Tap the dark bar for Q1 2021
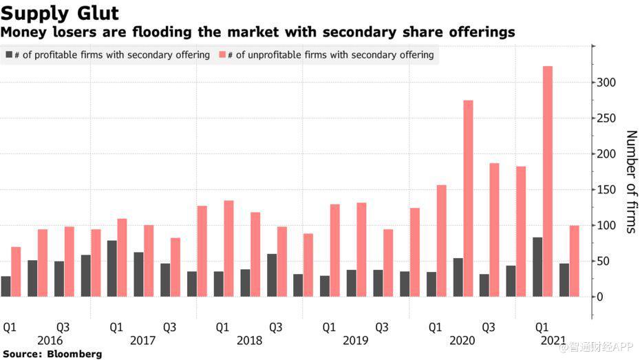(537, 267)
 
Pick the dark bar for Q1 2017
(111, 268)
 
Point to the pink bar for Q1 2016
(16, 272)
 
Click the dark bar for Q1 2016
(6, 286)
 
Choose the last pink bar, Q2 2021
(574, 261)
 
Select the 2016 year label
(50, 341)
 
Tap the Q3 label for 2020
(489, 327)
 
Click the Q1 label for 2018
(222, 327)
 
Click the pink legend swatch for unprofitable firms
(224, 54)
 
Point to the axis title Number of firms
(630, 182)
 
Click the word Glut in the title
(94, 13)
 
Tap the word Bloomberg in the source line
(73, 354)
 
